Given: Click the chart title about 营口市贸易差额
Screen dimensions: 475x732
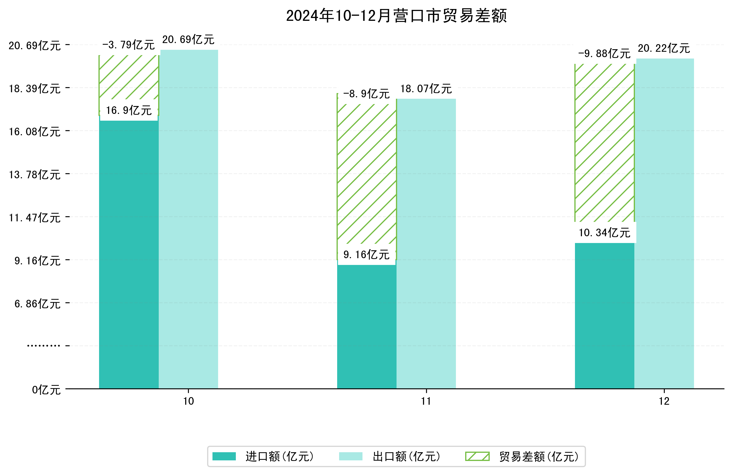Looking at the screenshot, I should (396, 16).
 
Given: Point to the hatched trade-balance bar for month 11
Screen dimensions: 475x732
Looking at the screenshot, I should (367, 175).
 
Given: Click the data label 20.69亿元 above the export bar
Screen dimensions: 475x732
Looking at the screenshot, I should (188, 40).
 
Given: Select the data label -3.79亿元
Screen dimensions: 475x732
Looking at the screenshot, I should (128, 45).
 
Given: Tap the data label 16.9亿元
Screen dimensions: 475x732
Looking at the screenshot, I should (129, 110).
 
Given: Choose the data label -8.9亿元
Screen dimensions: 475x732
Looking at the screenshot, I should (366, 94).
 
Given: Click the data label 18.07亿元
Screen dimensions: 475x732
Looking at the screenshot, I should (426, 89).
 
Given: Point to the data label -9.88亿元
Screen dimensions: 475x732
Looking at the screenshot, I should (604, 54).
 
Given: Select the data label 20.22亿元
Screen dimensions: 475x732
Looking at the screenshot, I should (664, 48).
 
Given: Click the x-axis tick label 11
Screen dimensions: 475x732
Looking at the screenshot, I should (426, 401).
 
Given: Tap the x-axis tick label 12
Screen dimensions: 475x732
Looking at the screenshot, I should (664, 401).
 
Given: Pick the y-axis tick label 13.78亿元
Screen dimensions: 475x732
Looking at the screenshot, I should (34, 175).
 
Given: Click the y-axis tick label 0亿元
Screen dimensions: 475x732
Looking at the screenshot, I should (46, 390).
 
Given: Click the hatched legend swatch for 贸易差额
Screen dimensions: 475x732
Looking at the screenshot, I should (477, 456).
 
